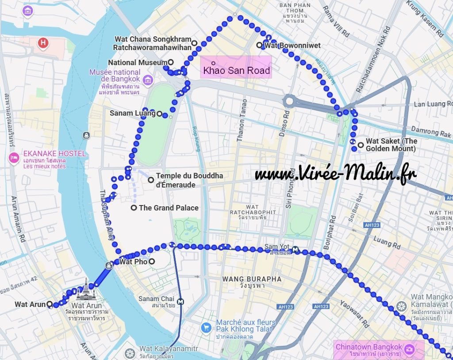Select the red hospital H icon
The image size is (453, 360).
(x=43, y=43)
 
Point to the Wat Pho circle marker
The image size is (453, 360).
(x=152, y=262)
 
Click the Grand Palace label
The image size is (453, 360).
(x=169, y=208)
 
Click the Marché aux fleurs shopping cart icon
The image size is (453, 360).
(x=206, y=328)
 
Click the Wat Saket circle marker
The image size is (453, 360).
(x=361, y=145)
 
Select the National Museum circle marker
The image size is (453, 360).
(x=171, y=62)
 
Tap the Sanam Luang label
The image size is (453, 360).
(x=133, y=113)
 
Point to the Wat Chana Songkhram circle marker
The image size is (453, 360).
(x=194, y=43)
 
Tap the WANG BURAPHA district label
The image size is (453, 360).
(x=252, y=279)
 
